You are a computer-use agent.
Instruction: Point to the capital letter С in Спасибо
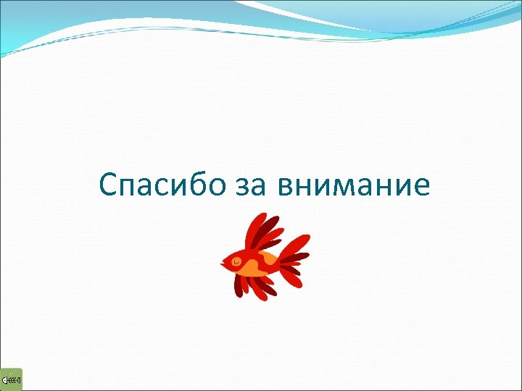107,185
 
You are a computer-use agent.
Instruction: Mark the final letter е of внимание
421,188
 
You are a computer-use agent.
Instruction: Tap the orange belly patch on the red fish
248,271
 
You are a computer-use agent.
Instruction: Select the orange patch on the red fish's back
269,258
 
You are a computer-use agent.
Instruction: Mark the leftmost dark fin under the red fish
239,286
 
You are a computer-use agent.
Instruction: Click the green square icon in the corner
12,379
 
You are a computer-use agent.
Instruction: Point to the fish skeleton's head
6,379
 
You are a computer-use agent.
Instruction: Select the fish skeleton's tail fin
18,379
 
